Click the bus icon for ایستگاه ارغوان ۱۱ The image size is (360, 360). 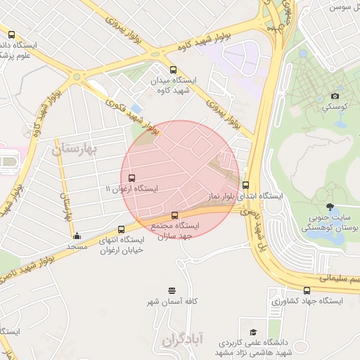tap(132, 178)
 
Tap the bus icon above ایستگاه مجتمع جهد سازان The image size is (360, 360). tap(175, 215)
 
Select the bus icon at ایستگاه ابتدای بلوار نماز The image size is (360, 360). tap(245, 186)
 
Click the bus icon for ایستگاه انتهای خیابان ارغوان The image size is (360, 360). tap(122, 229)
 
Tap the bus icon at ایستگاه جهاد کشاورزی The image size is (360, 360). tap(307, 290)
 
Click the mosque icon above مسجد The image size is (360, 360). tap(77, 236)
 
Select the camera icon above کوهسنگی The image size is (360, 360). tap(335, 96)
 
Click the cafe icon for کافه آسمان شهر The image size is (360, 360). tap(172, 290)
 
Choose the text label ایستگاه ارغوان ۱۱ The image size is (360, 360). tap(131, 189)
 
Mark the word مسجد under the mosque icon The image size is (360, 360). tap(76, 247)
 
